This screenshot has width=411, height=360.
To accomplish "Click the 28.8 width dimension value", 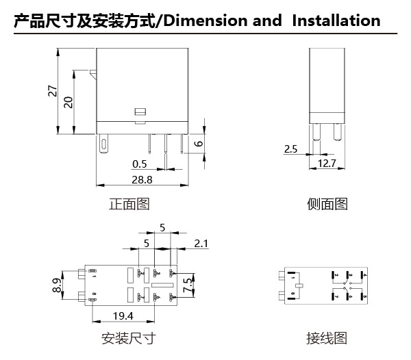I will (141, 179).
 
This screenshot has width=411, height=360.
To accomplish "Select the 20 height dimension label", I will (68, 101).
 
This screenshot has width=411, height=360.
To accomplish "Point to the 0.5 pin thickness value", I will (140, 164).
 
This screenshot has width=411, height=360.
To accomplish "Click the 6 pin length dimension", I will (199, 143).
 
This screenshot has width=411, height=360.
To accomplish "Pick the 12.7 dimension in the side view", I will (327, 163).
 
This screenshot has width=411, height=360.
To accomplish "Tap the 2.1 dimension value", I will (202, 244).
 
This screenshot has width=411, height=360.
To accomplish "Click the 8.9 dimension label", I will (58, 285).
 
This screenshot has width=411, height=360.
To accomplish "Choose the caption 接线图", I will (327, 338).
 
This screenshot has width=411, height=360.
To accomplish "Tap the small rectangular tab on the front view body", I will (140, 111).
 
